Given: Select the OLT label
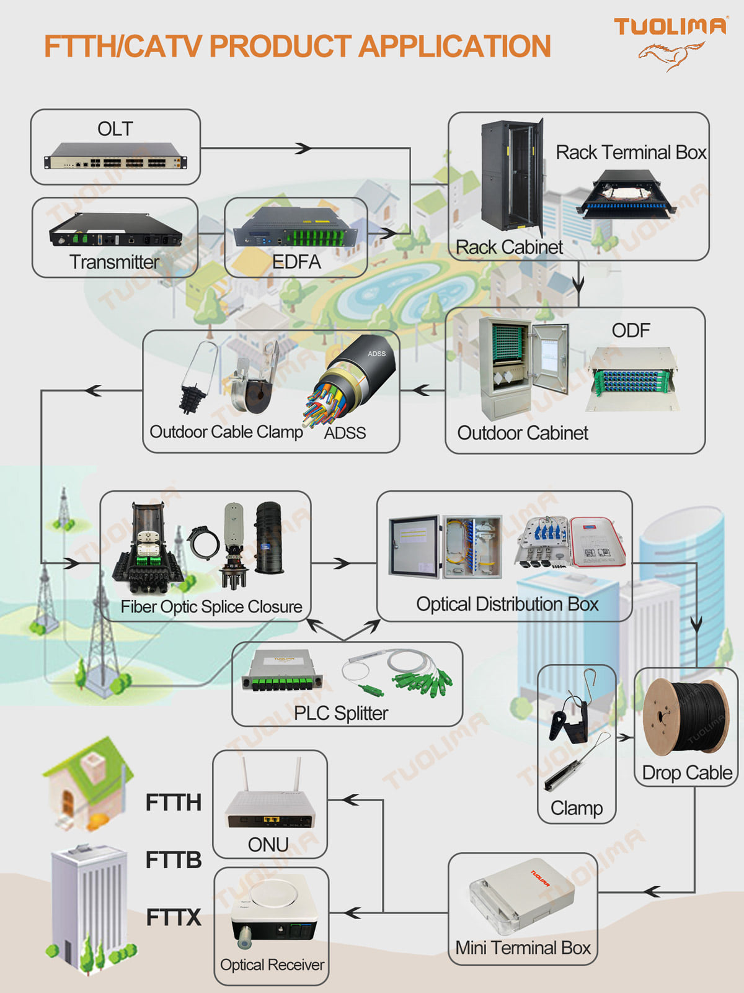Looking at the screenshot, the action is tap(115, 129).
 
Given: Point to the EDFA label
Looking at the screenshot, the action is tap(296, 262).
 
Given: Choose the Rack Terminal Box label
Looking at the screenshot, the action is tap(631, 153).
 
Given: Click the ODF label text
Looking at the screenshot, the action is tap(631, 330).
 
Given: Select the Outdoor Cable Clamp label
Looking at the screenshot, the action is tap(226, 432).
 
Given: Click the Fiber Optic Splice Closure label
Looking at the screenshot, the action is tap(211, 606).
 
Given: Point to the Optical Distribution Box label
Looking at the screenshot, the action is tap(507, 604).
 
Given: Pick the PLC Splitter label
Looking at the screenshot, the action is tap(341, 714).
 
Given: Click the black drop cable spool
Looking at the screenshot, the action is tap(685, 717).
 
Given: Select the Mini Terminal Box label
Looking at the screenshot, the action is tap(523, 948).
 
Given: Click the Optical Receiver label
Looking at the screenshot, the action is tap(272, 965).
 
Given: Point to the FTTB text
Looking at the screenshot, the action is tap(174, 860).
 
